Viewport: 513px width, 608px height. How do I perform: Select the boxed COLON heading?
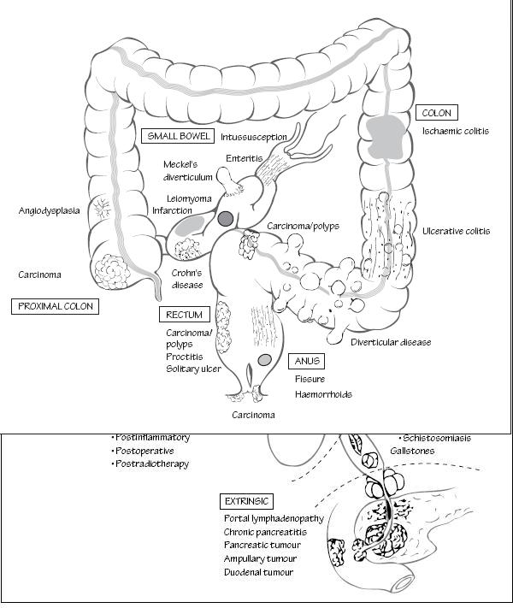436,113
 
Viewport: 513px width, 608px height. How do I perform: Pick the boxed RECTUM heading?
184,316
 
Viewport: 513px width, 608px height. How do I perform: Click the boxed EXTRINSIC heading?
246,501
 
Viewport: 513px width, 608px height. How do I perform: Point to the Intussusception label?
254,137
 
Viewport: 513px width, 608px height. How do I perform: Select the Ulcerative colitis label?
457,232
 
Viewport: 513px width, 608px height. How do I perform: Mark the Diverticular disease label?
391,342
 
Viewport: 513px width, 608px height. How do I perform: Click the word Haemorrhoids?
323,394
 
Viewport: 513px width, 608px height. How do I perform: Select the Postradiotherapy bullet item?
152,464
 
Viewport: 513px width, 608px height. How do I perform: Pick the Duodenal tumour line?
258,572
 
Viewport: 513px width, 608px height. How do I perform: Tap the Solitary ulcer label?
193,369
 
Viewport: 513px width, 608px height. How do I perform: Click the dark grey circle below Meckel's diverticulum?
226,219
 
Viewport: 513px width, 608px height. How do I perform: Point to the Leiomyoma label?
183,198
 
